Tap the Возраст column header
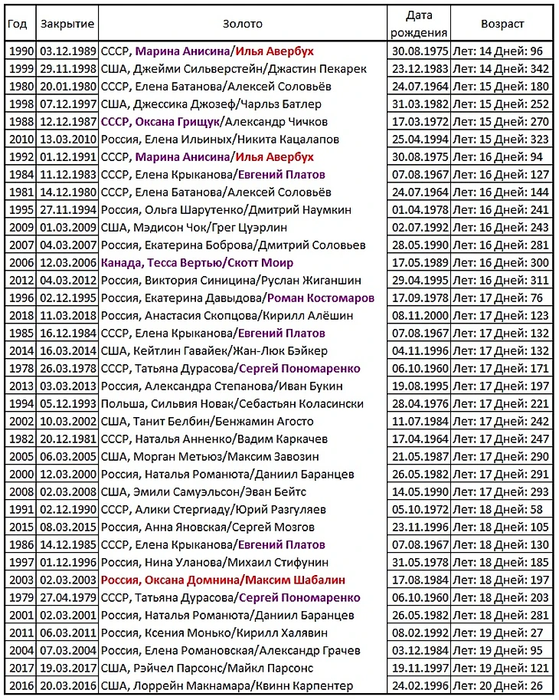(502, 24)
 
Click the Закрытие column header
(67, 24)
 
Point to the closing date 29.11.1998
(67, 69)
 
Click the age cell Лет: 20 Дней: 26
(502, 685)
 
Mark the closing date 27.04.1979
(67, 597)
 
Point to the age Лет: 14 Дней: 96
(502, 51)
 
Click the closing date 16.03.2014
(67, 350)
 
